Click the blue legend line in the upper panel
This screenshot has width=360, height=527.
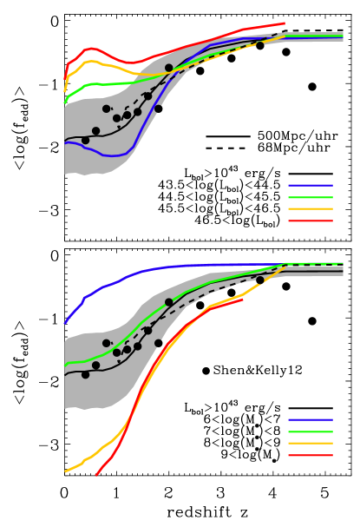310,185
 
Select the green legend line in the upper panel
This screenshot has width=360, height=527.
310,197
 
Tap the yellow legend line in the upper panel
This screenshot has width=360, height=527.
310,208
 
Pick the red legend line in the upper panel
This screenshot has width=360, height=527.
310,221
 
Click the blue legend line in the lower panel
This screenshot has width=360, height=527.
310,419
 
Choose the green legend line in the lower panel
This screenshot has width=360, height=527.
310,431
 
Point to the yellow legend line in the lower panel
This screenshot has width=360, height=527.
310,443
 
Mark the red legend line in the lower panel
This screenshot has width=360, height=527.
310,455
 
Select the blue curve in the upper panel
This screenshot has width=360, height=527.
113,155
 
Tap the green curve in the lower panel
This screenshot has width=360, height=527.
95,359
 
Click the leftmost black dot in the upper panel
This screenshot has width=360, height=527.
85,140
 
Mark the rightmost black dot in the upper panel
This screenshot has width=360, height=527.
259,45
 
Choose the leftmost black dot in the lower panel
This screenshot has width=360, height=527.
85,374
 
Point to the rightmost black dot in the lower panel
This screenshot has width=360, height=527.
259,280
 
